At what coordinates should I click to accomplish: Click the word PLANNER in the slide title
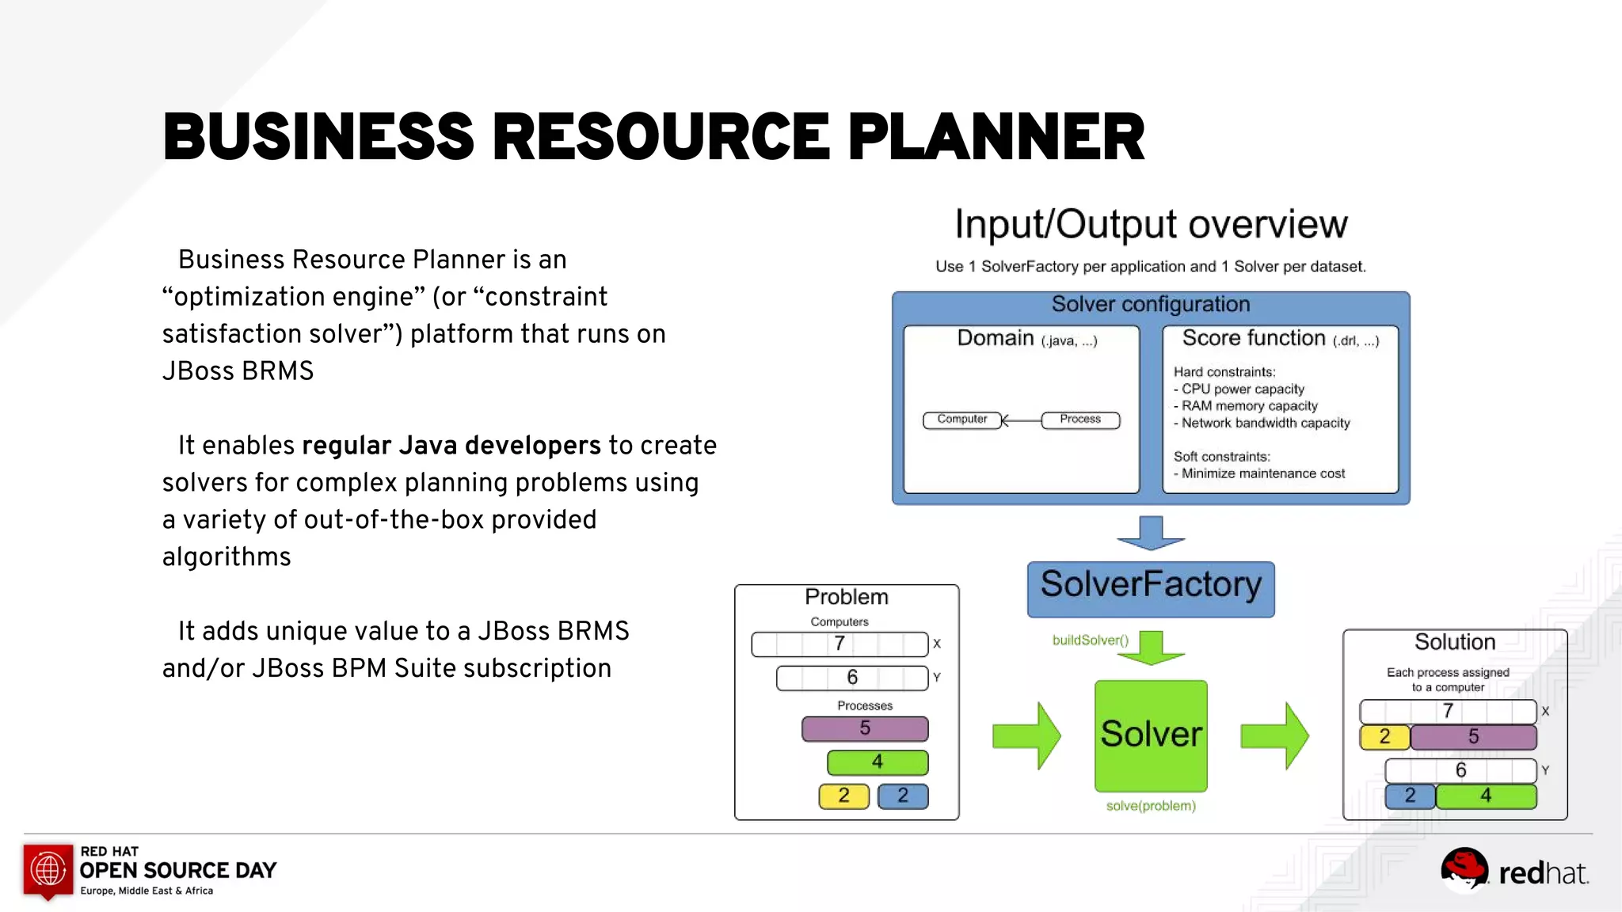996,137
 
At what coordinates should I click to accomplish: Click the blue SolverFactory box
1150,588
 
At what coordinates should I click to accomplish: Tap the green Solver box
1150,735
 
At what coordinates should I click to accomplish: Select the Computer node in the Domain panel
961,420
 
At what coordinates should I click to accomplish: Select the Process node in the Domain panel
1079,420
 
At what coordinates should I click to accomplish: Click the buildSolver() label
1090,640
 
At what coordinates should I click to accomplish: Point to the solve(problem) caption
1150,806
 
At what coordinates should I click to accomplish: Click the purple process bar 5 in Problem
864,728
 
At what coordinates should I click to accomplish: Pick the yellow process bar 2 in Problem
843,796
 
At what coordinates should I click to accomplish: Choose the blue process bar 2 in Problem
902,796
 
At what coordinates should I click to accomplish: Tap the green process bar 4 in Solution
1486,796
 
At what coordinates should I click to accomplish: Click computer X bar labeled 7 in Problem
840,644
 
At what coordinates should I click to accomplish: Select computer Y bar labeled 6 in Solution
1460,770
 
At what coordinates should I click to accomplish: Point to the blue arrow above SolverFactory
1150,532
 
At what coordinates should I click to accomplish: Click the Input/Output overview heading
1150,224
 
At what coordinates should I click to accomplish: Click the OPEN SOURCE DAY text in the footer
177,871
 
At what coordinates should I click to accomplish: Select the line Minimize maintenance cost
1262,473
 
